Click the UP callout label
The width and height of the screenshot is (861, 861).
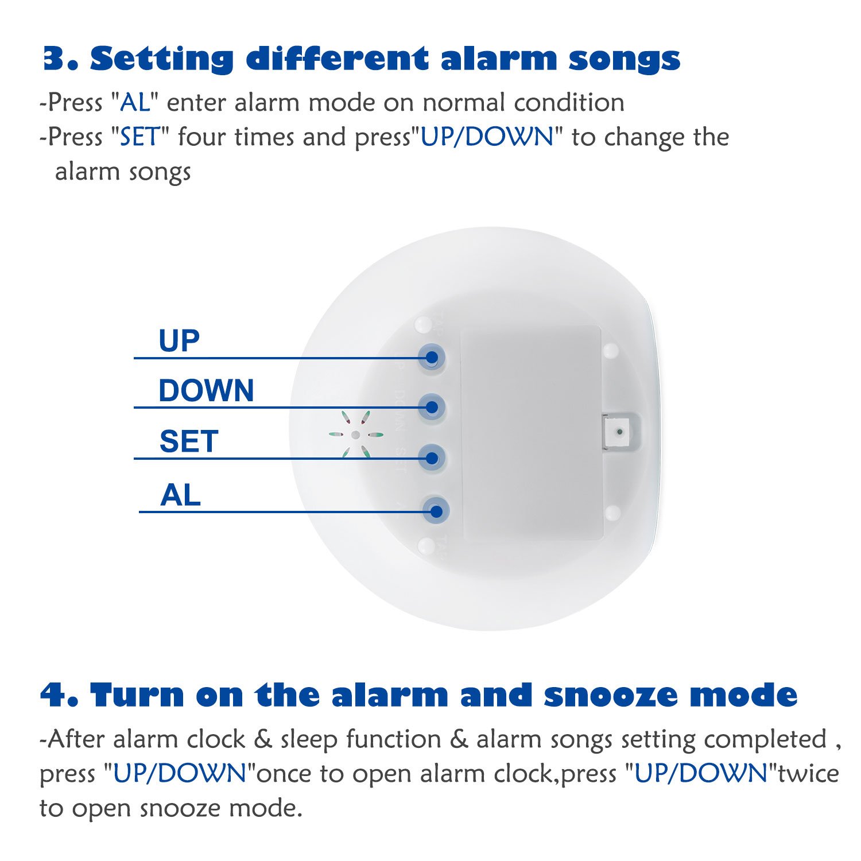tap(179, 341)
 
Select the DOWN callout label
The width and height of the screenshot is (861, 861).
tap(206, 391)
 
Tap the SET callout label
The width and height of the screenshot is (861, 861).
tap(189, 441)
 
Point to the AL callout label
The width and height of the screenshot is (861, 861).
tap(180, 495)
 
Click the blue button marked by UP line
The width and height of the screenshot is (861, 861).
tap(432, 357)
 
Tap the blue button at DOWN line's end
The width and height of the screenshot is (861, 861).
tap(432, 407)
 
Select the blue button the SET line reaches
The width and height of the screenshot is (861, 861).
tap(432, 457)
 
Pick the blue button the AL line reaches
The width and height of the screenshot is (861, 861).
tap(436, 510)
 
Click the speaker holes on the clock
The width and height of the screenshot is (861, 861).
tap(356, 435)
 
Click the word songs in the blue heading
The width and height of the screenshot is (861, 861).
tap(624, 59)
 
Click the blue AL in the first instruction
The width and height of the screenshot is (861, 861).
tap(134, 103)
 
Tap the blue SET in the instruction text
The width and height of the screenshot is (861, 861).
tap(139, 137)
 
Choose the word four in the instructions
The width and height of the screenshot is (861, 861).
tap(202, 137)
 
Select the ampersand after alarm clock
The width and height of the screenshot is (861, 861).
tap(262, 739)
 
